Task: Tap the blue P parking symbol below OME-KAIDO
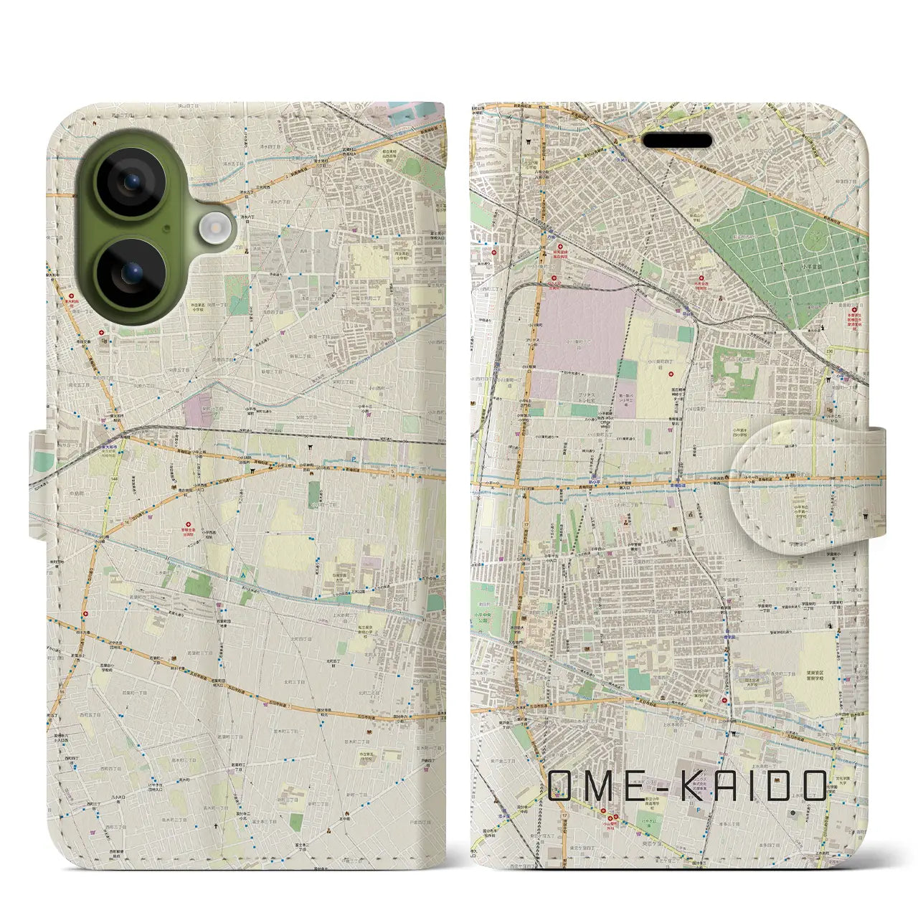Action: coord(698,808)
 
